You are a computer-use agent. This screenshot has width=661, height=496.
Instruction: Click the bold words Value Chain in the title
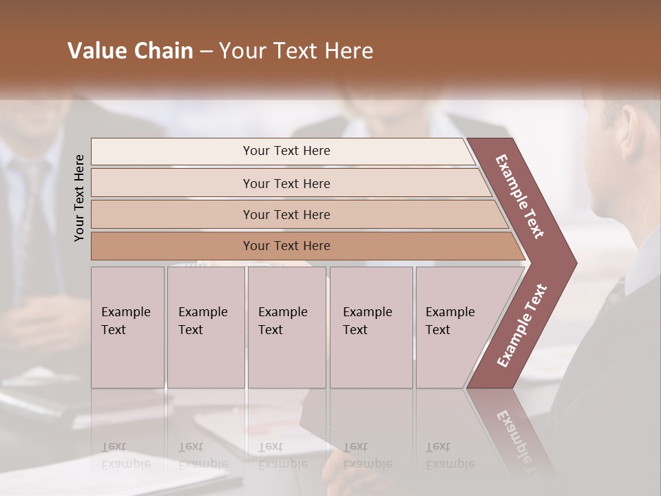(130, 51)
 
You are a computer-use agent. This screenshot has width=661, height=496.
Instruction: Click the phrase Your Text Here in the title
(296, 51)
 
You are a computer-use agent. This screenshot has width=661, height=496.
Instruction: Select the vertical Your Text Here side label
(80, 198)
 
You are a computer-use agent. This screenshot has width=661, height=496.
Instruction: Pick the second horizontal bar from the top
(286, 183)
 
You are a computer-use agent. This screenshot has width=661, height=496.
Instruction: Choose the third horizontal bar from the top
(286, 214)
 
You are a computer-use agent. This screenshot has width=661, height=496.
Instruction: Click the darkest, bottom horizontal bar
(286, 246)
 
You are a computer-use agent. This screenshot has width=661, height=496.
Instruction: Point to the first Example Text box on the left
(127, 327)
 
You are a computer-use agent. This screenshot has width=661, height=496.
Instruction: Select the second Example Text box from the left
(206, 327)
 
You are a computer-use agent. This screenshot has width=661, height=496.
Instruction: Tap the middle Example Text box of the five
(286, 327)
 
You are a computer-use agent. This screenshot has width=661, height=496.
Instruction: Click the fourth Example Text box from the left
(371, 327)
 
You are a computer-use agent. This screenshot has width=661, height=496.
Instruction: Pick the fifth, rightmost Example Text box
(451, 327)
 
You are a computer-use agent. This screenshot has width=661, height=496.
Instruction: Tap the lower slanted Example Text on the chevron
(522, 325)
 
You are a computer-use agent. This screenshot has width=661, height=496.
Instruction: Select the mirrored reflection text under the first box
(125, 455)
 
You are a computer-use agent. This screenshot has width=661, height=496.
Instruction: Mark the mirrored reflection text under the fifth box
(450, 455)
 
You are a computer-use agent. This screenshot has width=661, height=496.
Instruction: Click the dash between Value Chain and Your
(206, 51)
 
